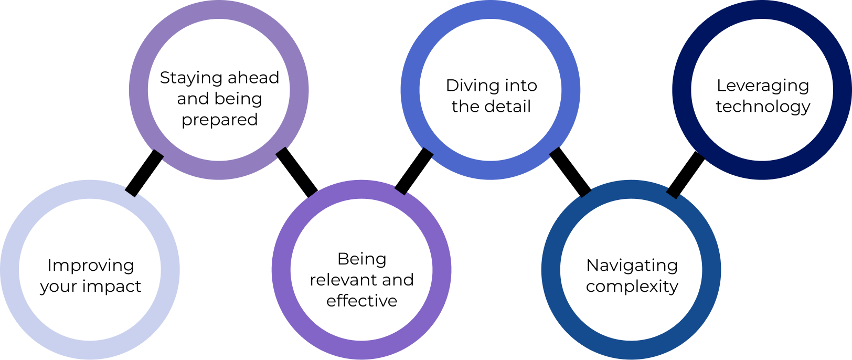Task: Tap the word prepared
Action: point(219,120)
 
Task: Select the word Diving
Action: point(468,85)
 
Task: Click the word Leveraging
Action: point(762,86)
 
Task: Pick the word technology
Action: point(762,107)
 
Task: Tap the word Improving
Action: point(90,266)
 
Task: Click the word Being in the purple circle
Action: point(361,259)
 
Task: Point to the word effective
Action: point(361,301)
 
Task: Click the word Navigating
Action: point(632,266)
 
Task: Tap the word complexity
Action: point(632,287)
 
